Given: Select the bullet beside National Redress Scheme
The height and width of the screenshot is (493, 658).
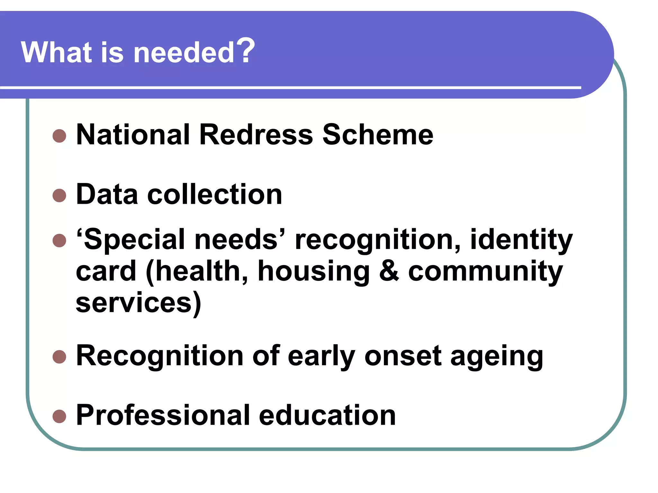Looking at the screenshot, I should tap(59, 136).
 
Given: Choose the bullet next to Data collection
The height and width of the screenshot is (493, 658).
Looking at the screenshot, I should tap(59, 195).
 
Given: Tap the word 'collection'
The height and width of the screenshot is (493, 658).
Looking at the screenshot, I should tap(215, 195).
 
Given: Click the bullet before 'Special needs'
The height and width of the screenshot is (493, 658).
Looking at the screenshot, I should tap(59, 240).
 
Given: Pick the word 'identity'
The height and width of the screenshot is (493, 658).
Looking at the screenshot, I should tap(521, 240).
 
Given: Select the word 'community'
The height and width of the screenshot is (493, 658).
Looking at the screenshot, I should tap(485, 272).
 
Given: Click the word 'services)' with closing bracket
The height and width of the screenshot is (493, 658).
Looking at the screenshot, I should tap(138, 303).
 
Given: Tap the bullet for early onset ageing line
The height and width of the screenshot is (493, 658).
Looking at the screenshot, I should tap(59, 357).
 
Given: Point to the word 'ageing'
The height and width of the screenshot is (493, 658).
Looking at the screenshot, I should tap(497, 357).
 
